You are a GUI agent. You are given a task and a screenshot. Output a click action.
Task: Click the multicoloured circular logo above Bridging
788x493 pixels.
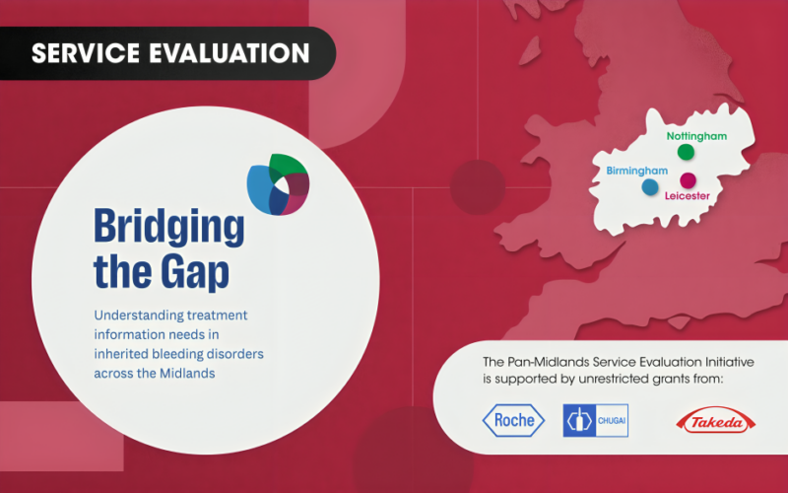coord(279,185)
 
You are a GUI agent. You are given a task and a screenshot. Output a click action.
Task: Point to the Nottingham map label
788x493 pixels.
coord(696,135)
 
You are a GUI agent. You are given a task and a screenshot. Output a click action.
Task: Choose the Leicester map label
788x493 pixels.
coord(688,196)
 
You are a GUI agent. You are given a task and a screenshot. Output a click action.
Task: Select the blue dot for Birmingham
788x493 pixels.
coord(649,185)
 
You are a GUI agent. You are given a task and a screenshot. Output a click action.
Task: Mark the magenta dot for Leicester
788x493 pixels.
coord(688,179)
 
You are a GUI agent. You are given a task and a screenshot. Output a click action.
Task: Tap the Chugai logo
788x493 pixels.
coord(595,421)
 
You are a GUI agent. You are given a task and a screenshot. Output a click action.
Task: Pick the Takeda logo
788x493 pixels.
coord(714,423)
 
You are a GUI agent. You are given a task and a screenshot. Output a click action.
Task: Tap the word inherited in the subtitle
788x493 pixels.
coord(121,353)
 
